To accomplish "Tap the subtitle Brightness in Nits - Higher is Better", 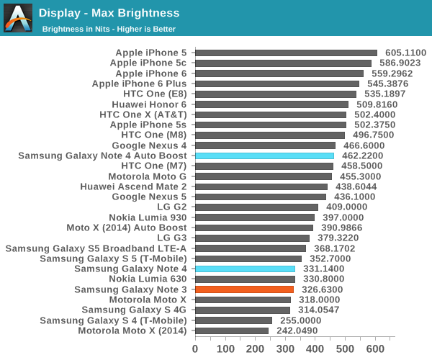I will click(x=109, y=29).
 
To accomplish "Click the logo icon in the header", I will click(x=18, y=18).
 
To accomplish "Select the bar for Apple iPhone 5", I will click(x=286, y=53).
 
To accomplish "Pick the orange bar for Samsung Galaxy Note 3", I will click(x=244, y=289).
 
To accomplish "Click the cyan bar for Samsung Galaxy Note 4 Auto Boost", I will click(x=264, y=156).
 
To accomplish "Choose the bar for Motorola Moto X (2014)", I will click(x=231, y=330).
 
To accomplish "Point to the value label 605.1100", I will click(x=405, y=53).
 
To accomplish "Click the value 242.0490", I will click(x=297, y=330).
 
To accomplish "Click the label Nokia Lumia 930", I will click(x=148, y=217).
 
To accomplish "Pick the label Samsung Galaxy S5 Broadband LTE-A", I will click(x=96, y=248).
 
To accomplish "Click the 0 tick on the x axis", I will click(x=195, y=348).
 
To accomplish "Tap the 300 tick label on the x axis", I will click(x=285, y=348).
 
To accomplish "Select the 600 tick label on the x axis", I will click(x=375, y=348).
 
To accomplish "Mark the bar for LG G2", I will click(x=256, y=207).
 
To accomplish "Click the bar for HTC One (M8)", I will click(x=269, y=135).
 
